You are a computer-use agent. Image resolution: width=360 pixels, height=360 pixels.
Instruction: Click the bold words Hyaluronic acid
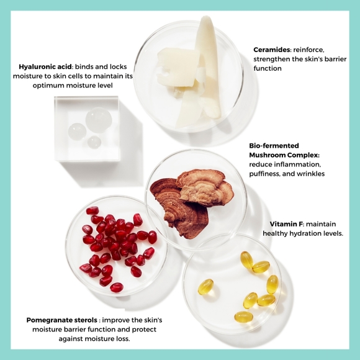point(45,67)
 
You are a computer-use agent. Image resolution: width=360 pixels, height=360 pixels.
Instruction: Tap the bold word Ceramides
point(272,50)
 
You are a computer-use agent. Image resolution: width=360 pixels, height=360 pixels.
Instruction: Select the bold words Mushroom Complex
point(284,155)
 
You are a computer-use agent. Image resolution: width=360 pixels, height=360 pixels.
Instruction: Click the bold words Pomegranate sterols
point(62,320)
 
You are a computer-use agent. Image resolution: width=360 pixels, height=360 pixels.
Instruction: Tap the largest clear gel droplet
point(99,120)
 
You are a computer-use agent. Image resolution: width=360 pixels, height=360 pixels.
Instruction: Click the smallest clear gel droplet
point(94,142)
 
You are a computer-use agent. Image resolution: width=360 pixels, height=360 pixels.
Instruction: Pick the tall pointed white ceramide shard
point(209,66)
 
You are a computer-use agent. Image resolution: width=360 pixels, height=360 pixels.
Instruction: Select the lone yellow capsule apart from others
point(205,287)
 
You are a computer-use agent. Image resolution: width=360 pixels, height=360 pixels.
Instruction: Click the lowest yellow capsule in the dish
point(243,317)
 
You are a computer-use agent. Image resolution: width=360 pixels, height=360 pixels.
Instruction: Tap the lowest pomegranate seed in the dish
point(117,287)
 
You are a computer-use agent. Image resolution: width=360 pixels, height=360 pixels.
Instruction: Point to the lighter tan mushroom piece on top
point(205,188)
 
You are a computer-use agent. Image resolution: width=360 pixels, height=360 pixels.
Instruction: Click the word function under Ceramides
point(268,68)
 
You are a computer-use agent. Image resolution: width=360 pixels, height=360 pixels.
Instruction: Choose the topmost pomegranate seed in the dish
point(92,210)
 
